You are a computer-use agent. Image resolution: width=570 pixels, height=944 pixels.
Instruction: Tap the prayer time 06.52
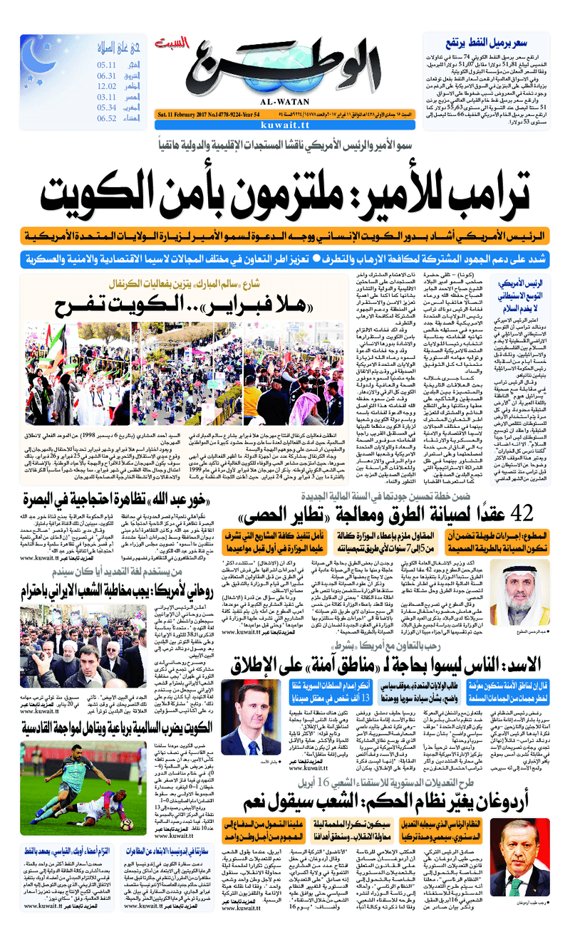tap(107, 118)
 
